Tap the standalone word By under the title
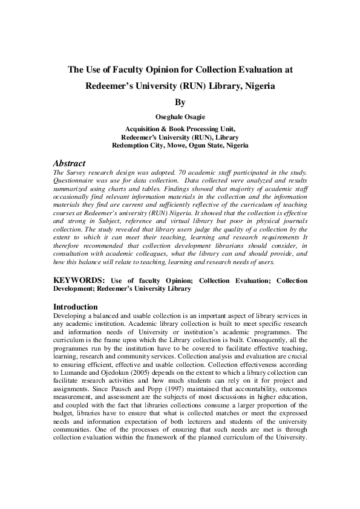coord(180,103)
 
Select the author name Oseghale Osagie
coord(180,117)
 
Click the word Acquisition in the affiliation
coord(145,129)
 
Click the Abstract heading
coord(69,163)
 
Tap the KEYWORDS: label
coord(79,280)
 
